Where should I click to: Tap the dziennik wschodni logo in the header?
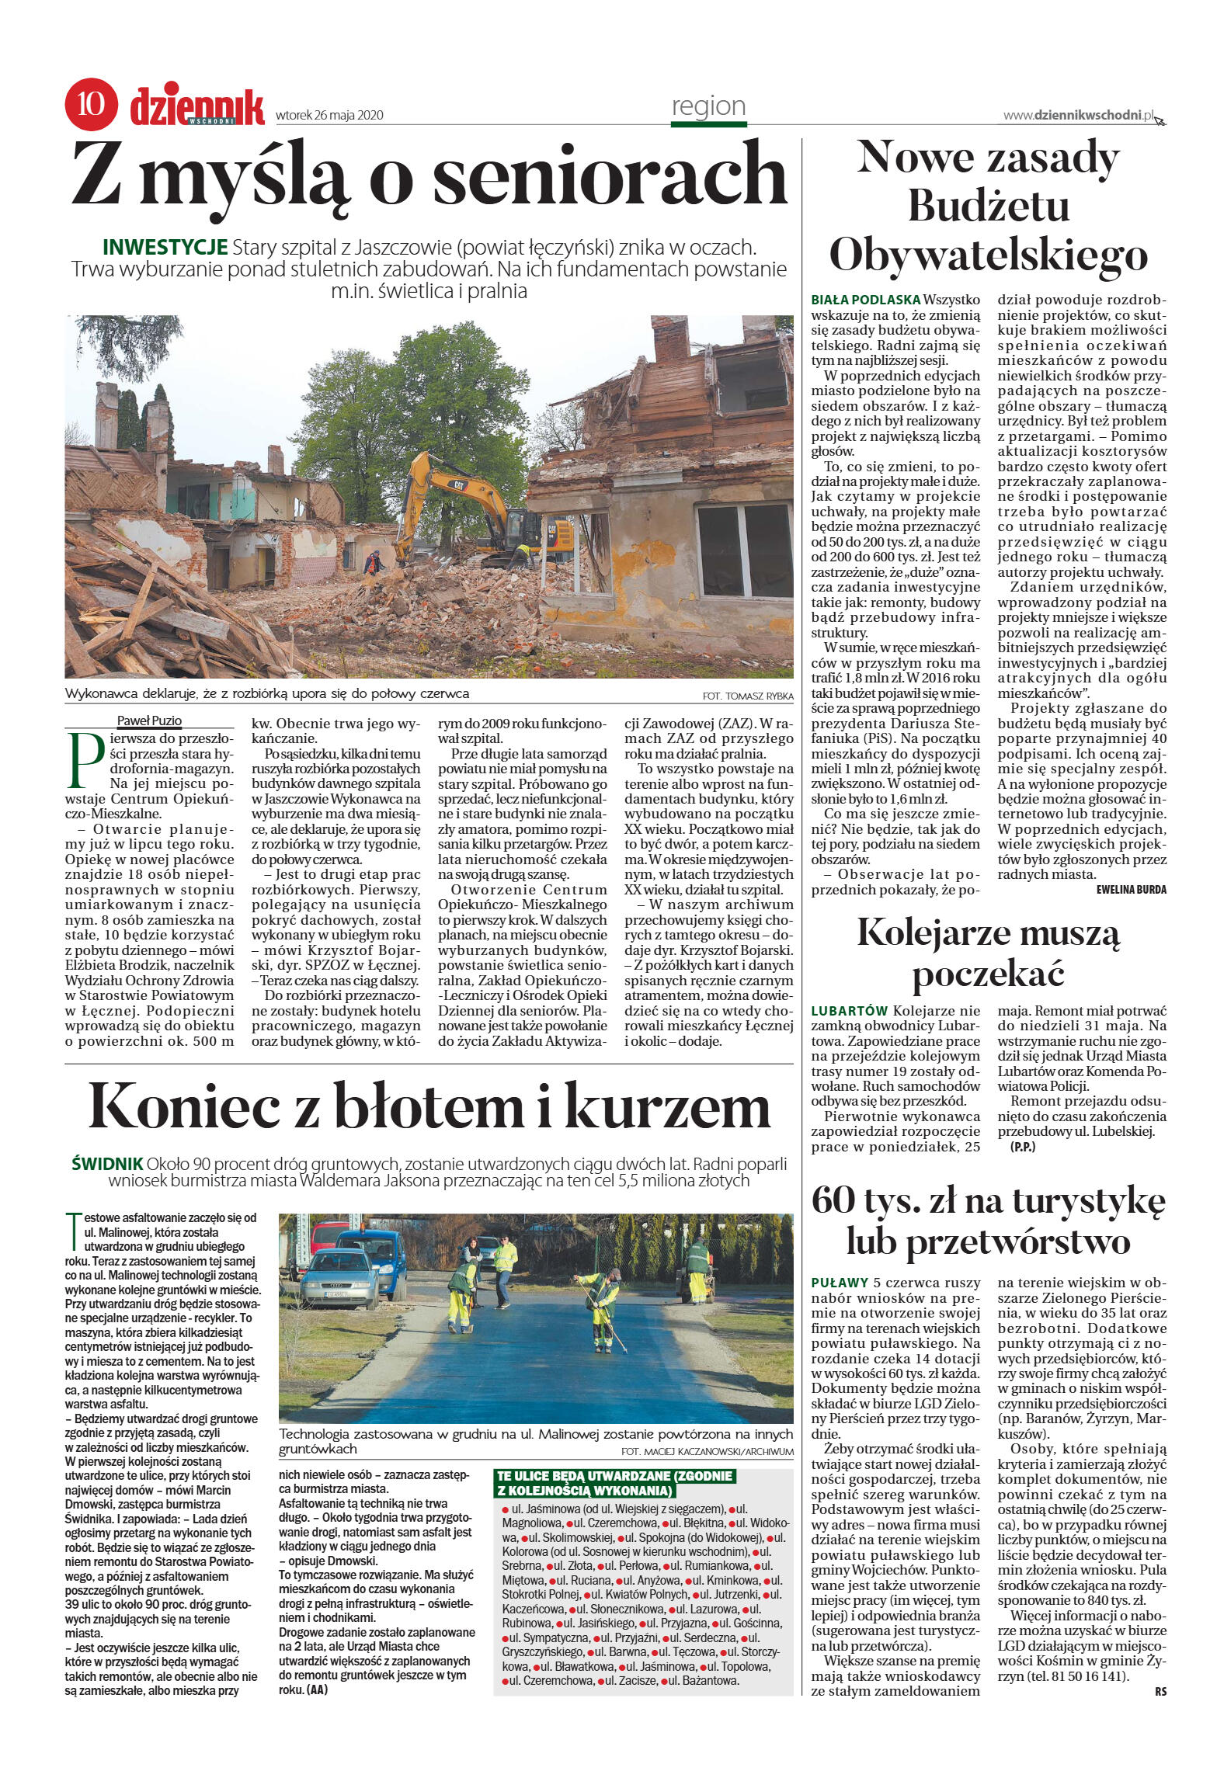[x=197, y=106]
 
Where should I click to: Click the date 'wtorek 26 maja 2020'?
[x=330, y=116]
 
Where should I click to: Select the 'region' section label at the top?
[x=708, y=106]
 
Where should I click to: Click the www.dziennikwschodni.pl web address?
[x=1075, y=115]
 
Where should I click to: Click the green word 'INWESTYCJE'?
[x=165, y=248]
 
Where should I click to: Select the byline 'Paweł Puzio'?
[x=149, y=721]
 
